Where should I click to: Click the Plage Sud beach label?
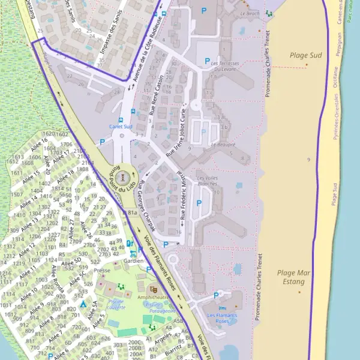307,56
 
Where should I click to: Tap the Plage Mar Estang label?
294,277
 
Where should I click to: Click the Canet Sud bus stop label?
121,127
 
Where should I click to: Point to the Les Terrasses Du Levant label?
224,65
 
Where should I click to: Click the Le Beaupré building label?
223,145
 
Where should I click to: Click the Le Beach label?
249,13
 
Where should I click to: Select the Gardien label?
133,261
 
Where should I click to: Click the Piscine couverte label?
116,304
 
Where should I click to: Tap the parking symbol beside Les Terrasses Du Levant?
206,61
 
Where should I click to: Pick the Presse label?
102,270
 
